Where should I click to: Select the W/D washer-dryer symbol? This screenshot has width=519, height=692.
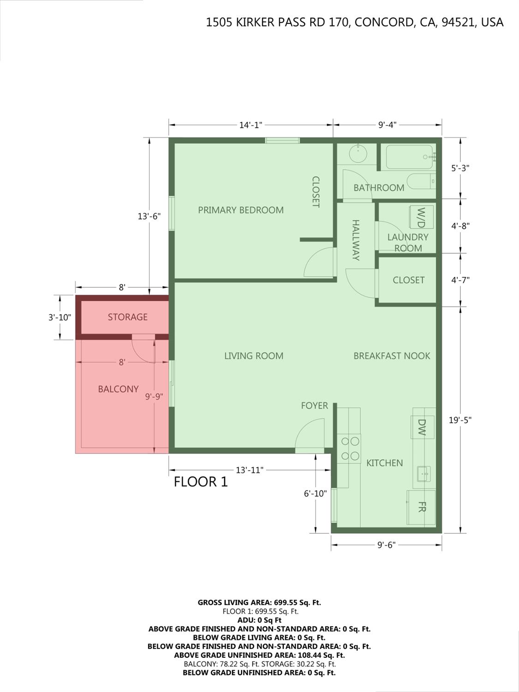point(421,217)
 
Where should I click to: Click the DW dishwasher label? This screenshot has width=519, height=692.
point(422,427)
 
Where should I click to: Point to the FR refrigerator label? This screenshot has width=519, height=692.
point(422,507)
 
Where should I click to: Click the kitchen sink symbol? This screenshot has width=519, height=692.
point(424,474)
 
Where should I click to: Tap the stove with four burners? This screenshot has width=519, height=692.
point(349,448)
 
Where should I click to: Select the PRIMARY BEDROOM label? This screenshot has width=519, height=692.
point(241,210)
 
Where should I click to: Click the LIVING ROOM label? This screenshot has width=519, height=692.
point(254,356)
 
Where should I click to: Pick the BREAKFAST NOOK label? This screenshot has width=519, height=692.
point(392,356)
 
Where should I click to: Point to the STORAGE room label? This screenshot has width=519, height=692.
point(128,317)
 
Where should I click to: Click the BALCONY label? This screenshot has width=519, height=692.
point(118,389)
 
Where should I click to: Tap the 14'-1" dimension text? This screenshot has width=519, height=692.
point(251,125)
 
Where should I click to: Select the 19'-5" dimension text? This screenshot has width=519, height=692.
point(460,420)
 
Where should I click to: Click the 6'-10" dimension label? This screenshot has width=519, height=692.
point(316,493)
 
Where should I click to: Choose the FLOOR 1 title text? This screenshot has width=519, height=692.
point(201,482)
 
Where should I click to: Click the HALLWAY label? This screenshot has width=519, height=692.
point(356,240)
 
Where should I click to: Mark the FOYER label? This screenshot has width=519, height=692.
point(315,406)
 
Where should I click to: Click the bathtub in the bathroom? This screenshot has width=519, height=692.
point(409,157)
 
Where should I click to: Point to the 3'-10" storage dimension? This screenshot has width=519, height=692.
point(60,317)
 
